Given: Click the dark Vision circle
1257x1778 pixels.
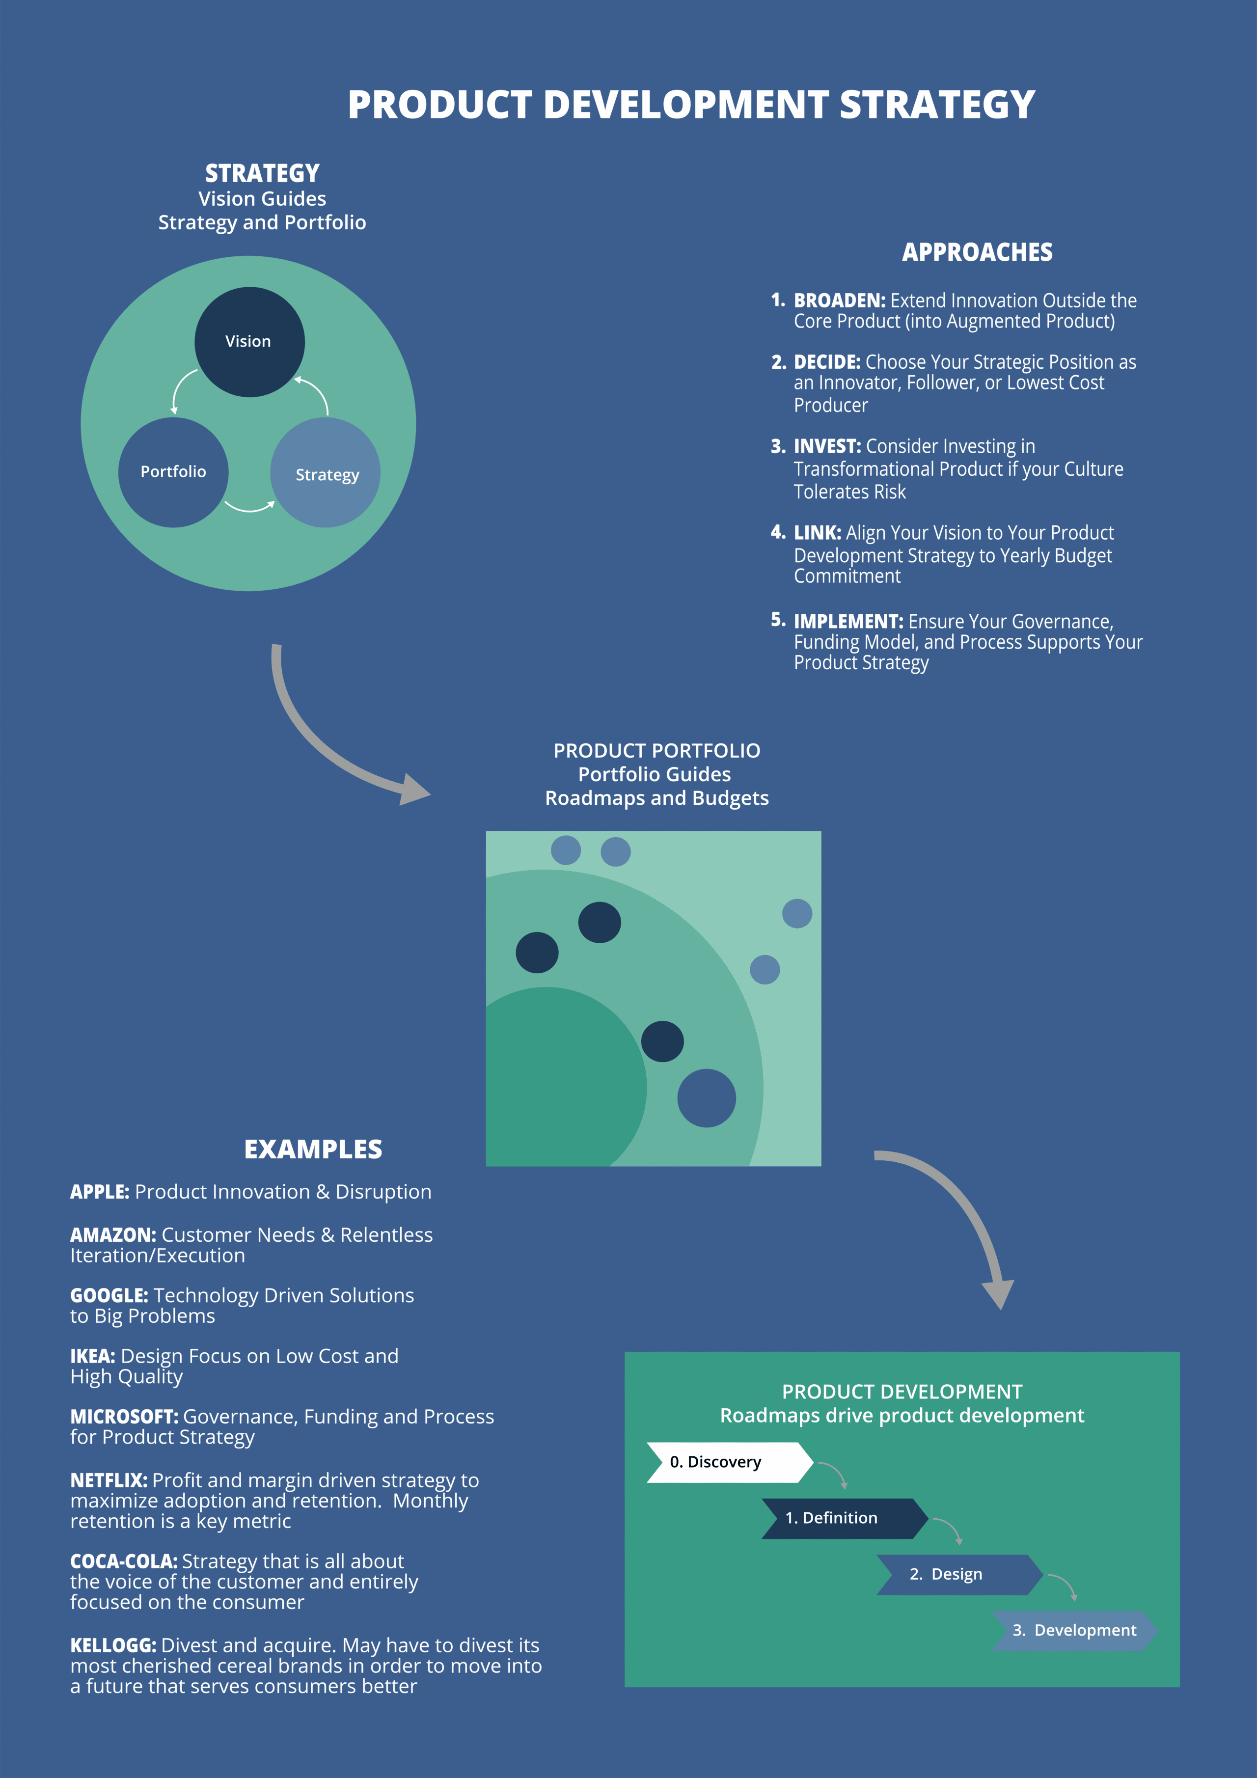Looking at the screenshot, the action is [249, 342].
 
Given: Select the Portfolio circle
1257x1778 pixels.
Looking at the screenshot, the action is [173, 472].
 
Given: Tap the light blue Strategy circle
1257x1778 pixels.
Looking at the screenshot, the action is [325, 472].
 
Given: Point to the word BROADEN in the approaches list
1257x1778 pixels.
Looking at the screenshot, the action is [840, 301].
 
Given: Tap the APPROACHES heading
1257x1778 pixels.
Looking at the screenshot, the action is [978, 252].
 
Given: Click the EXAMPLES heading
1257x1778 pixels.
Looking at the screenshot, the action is [313, 1149].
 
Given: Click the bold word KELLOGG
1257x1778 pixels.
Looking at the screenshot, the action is [113, 1645].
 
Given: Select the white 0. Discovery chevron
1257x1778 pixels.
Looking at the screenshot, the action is [730, 1462].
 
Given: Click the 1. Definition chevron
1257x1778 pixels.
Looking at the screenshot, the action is [845, 1519].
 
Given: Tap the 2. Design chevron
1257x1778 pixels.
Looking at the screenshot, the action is [959, 1574].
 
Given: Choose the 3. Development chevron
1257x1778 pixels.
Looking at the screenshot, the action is [1075, 1631].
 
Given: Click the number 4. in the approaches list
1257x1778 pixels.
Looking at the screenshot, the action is [778, 532].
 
